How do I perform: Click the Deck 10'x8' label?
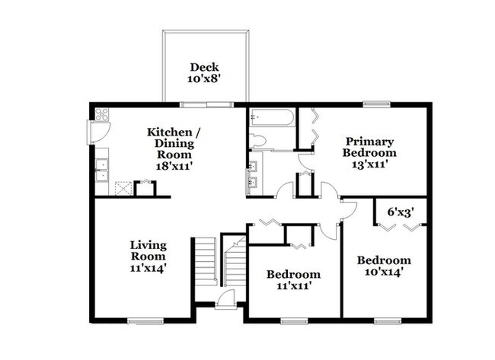click(x=204, y=73)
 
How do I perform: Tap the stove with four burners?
click(x=102, y=114)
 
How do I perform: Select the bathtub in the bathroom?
click(x=272, y=117)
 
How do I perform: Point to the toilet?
click(x=257, y=140)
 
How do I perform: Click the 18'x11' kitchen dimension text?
click(x=174, y=166)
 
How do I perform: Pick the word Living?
click(x=148, y=245)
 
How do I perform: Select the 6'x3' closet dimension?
click(x=401, y=212)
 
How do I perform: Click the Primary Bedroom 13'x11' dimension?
click(x=369, y=164)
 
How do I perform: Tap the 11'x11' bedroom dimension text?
click(x=295, y=286)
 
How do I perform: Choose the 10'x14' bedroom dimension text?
click(x=383, y=272)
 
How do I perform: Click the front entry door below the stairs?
click(x=225, y=299)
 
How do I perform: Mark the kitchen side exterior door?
click(x=98, y=132)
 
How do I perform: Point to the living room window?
click(x=146, y=321)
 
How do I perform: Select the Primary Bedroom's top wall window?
click(x=376, y=104)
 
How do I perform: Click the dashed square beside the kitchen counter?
click(x=123, y=188)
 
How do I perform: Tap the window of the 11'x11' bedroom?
click(x=294, y=321)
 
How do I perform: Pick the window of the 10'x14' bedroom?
click(x=388, y=321)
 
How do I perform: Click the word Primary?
click(x=369, y=142)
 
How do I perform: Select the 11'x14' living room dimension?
click(x=148, y=268)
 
